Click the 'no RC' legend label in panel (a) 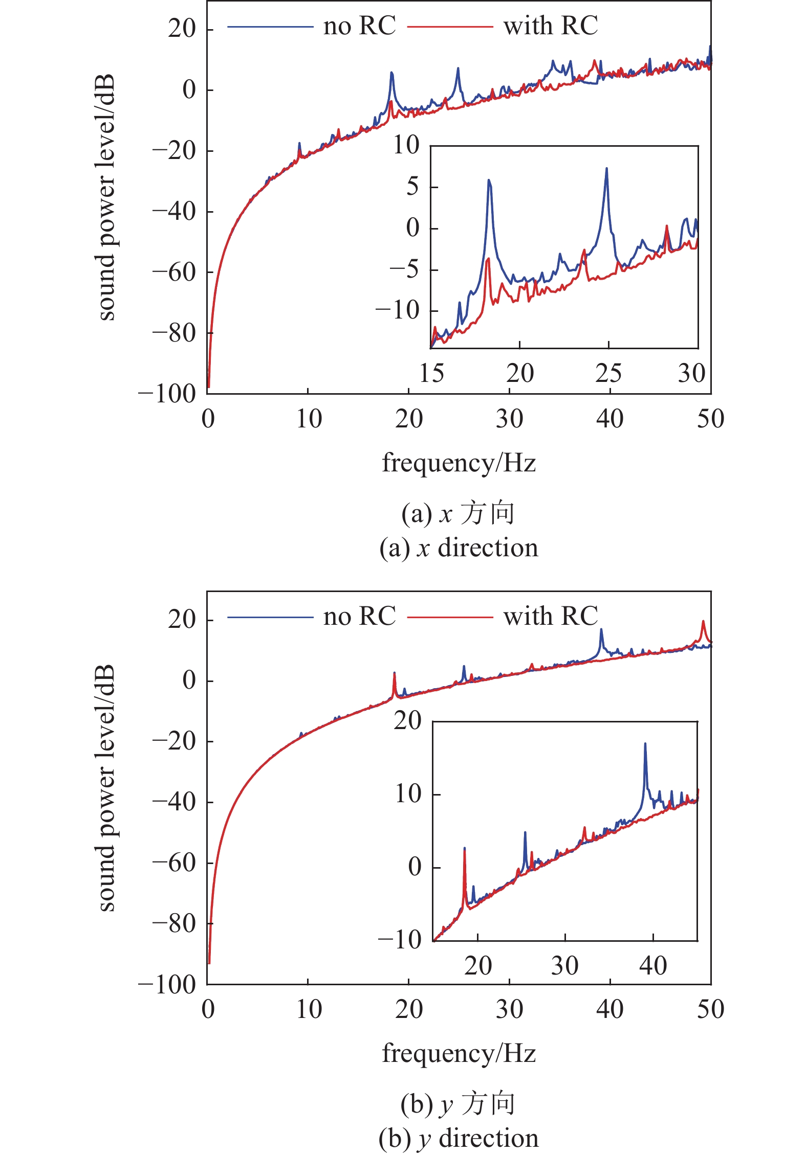click(359, 26)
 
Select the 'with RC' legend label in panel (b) click(551, 616)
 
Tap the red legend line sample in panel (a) click(450, 26)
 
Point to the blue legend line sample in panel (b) click(270, 617)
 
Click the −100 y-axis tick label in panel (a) click(167, 394)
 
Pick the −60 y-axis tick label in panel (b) click(175, 863)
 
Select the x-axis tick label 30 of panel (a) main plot click(509, 419)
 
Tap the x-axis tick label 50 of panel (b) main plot click(710, 1009)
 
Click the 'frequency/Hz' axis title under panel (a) click(459, 463)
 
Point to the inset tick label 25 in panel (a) click(608, 373)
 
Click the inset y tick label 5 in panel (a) click(412, 187)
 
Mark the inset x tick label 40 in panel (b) click(653, 965)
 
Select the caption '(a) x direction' click(459, 548)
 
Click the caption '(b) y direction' click(459, 1138)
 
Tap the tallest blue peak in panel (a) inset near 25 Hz click(606, 168)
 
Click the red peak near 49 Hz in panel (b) click(703, 622)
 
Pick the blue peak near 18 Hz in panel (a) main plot click(391, 73)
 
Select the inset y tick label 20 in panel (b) click(407, 721)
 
